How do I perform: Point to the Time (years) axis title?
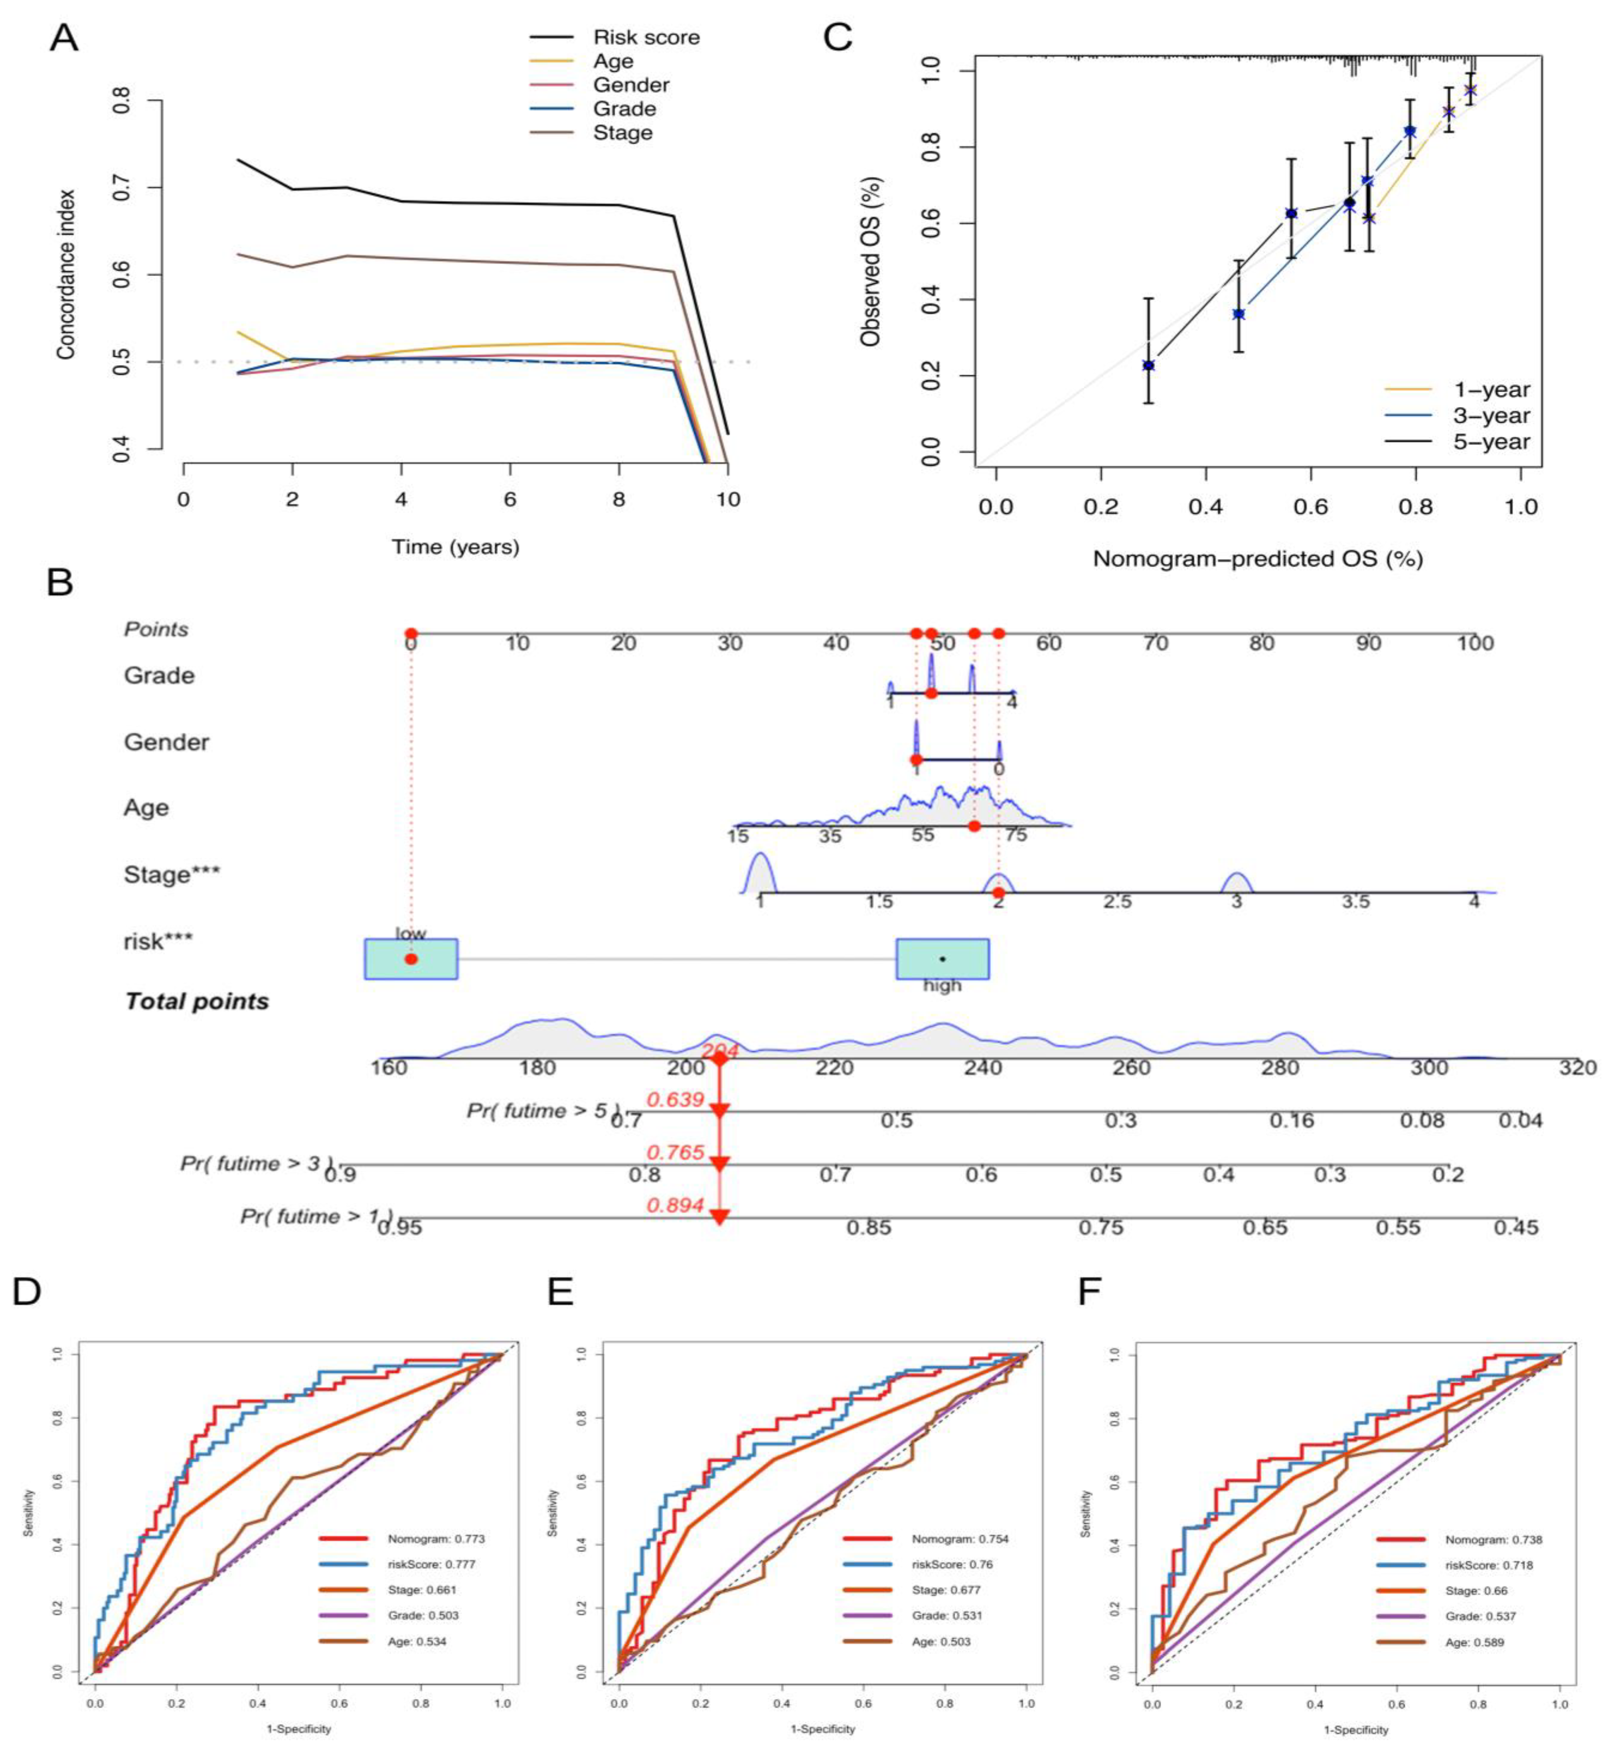[x=455, y=547]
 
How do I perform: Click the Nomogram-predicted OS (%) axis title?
[x=1257, y=559]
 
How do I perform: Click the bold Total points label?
[x=197, y=1002]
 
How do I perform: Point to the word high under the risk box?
[x=942, y=986]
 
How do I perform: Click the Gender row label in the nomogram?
[x=166, y=743]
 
